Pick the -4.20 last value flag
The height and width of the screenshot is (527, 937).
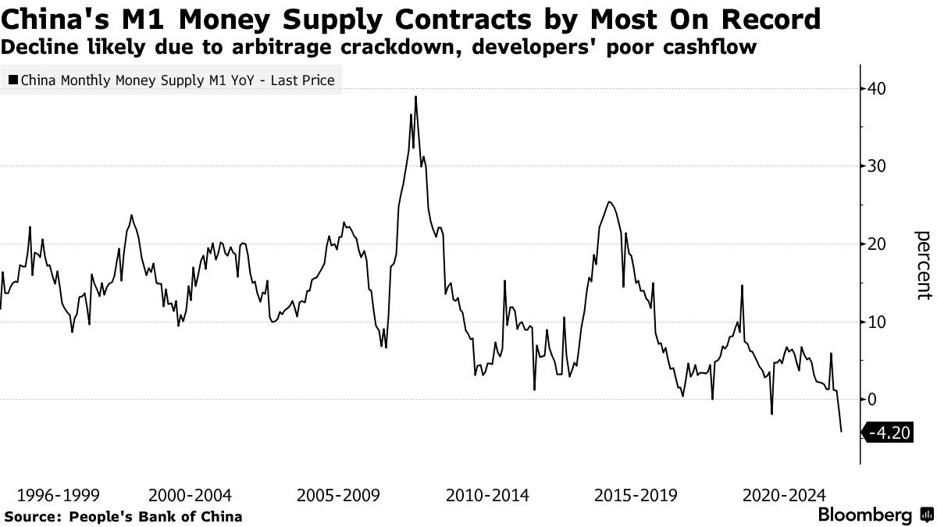pyautogui.click(x=891, y=433)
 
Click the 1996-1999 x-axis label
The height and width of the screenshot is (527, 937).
pyautogui.click(x=58, y=495)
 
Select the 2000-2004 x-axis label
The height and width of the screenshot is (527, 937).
pyautogui.click(x=189, y=495)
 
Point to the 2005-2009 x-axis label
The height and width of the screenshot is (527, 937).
pyautogui.click(x=337, y=495)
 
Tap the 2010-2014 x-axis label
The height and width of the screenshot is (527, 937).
pyautogui.click(x=487, y=495)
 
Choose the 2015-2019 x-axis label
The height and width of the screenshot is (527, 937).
pyautogui.click(x=636, y=495)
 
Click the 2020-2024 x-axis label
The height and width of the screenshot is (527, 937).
pyautogui.click(x=784, y=495)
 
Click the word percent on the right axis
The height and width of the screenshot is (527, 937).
pyautogui.click(x=923, y=265)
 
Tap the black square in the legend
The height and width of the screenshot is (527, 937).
pyautogui.click(x=12, y=80)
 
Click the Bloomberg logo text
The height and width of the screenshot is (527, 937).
pyautogui.click(x=865, y=515)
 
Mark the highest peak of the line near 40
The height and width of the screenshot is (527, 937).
pyautogui.click(x=415, y=97)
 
